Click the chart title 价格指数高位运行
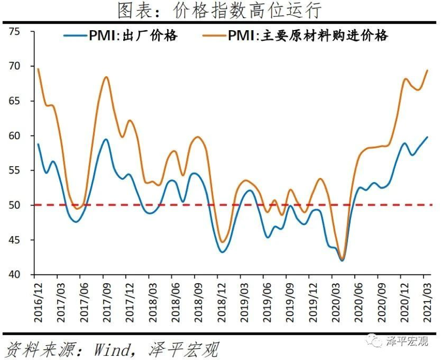coord(221,10)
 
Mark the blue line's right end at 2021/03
coord(427,137)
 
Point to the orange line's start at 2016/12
coord(38,69)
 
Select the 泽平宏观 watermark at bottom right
coord(407,341)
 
